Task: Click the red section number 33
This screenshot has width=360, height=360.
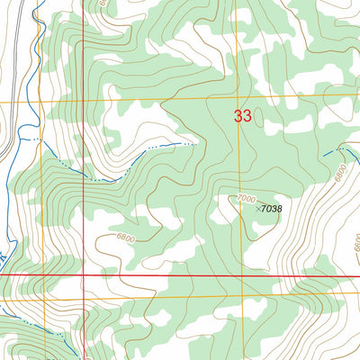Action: tap(242, 115)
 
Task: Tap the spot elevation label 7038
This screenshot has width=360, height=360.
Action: tap(269, 209)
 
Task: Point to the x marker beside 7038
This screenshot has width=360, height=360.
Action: tap(257, 209)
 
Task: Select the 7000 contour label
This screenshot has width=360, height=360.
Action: tap(246, 198)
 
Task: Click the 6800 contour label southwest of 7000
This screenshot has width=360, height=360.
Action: tap(126, 238)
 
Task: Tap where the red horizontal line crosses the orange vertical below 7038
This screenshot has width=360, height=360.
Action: tap(229, 274)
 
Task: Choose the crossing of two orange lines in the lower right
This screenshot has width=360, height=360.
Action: tap(229, 296)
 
